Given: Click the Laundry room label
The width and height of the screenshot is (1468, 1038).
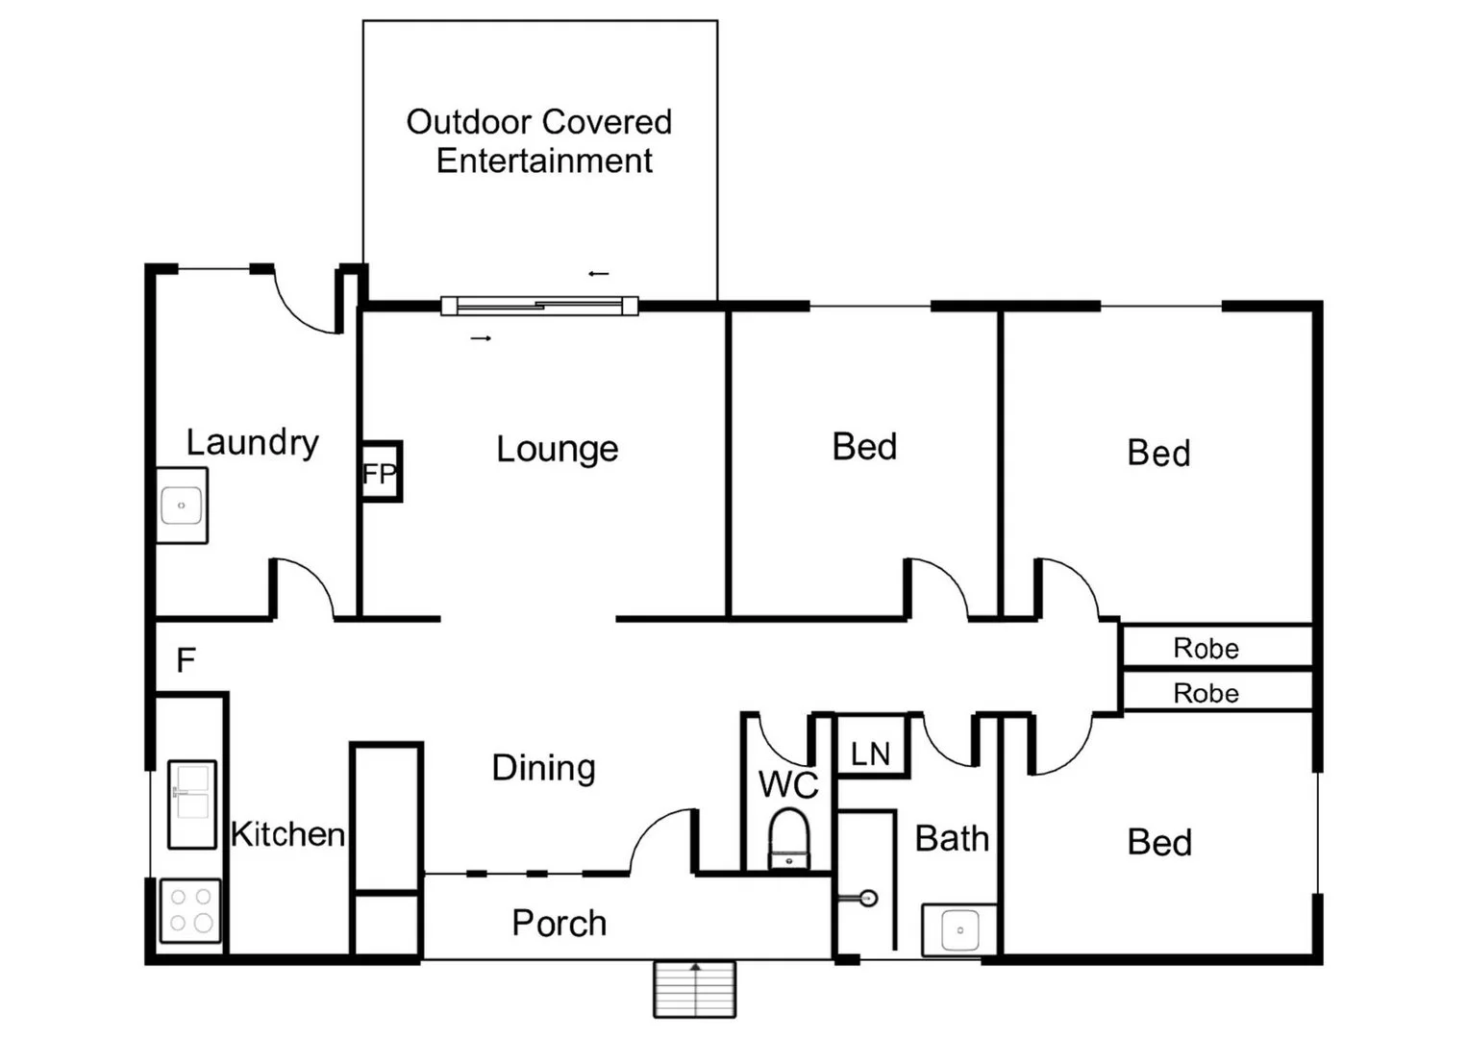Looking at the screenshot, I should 252,442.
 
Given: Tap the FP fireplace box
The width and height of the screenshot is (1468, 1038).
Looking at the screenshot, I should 380,472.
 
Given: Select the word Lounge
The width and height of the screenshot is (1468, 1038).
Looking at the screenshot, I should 557,449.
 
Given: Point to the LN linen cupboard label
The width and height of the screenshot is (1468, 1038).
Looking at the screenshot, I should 870,754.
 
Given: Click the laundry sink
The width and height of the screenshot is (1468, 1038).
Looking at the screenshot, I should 182,506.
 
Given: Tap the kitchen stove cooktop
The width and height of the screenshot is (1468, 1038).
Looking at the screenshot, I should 190,910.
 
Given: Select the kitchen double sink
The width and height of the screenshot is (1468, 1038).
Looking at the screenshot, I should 192,804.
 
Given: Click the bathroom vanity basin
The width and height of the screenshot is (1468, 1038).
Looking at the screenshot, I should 959,929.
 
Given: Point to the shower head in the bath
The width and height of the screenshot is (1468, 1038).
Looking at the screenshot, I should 867,899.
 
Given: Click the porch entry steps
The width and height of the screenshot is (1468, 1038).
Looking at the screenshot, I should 694,988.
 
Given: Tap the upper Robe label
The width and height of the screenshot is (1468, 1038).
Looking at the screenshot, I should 1206,648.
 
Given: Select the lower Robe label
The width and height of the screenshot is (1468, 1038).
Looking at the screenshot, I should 1206,693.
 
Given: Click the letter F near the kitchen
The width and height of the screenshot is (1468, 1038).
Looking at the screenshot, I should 186,660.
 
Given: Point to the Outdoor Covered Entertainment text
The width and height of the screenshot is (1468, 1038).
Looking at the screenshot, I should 539,141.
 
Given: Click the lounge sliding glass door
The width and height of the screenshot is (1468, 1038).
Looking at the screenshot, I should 539,307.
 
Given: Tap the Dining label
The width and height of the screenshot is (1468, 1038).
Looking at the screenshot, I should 543,768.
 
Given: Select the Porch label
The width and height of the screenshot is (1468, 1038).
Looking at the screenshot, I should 559,923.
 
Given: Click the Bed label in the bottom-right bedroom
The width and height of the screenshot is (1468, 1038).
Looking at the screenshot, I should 1159,843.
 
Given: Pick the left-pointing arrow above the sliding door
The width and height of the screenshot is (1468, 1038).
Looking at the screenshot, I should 598,274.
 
